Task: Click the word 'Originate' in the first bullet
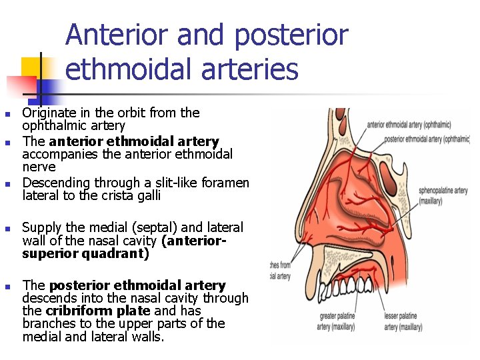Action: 49,113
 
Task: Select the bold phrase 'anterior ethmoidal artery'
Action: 134,141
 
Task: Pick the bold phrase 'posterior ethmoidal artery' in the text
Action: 137,285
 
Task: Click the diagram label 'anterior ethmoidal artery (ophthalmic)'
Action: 409,124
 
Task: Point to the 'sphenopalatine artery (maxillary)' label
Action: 443,195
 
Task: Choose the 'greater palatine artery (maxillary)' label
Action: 336,321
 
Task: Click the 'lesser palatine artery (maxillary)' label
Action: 403,321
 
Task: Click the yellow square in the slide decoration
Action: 31,67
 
